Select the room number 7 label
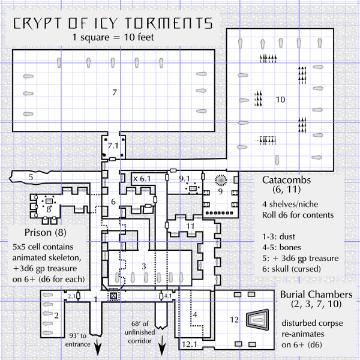(x=114, y=92)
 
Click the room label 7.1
(x=113, y=146)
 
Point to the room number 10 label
(x=280, y=99)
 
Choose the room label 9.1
(x=185, y=178)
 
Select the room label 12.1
(x=190, y=344)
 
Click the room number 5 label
(x=30, y=176)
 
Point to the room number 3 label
(x=143, y=266)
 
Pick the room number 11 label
(x=190, y=226)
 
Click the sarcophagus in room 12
(x=260, y=321)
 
